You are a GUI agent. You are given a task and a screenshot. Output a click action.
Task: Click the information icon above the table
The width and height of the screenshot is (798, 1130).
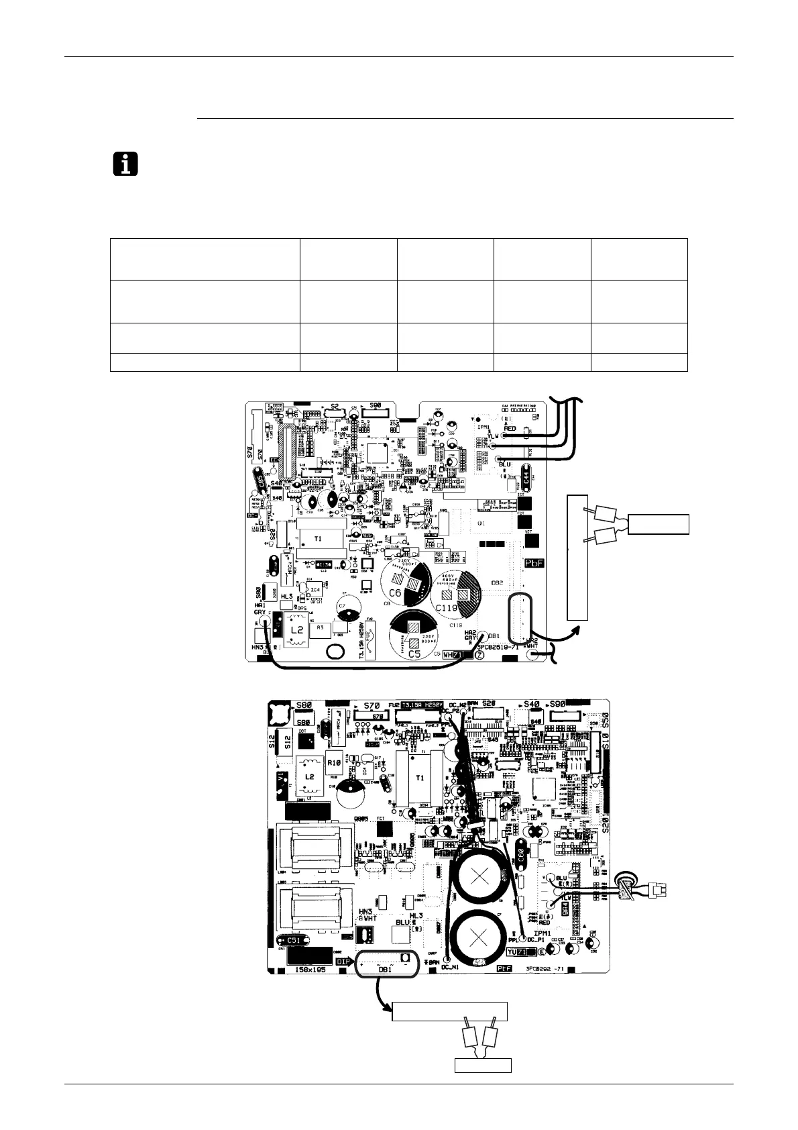tap(125, 164)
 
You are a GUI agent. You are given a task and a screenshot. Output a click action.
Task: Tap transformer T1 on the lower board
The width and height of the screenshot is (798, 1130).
tap(420, 778)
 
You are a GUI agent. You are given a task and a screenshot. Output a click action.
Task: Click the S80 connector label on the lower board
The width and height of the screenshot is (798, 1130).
tap(304, 706)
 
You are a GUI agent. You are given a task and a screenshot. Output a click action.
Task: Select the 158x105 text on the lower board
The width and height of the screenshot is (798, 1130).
tap(315, 970)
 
